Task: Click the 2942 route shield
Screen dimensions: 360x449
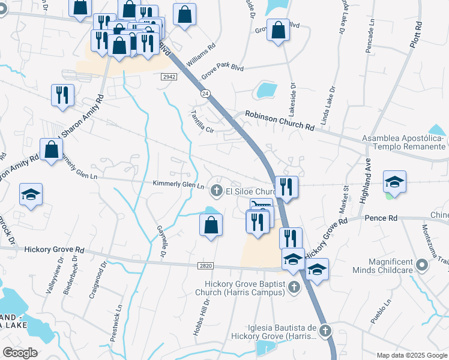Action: pyautogui.click(x=169, y=77)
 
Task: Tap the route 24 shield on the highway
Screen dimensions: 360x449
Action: pyautogui.click(x=206, y=94)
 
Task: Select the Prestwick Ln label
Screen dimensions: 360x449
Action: pyautogui.click(x=116, y=322)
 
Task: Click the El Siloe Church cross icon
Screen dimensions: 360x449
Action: pyautogui.click(x=217, y=191)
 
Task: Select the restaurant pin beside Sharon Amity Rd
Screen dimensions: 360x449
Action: pyautogui.click(x=62, y=95)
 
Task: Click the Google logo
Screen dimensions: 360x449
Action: pyautogui.click(x=20, y=352)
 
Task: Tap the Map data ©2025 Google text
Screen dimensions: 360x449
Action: pyautogui.click(x=411, y=355)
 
